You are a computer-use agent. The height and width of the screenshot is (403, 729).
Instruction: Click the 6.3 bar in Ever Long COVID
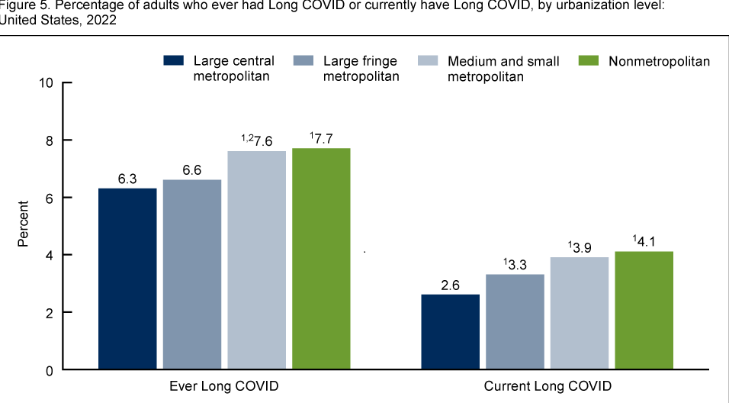(x=127, y=279)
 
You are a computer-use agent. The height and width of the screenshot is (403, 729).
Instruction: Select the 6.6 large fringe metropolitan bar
(x=192, y=275)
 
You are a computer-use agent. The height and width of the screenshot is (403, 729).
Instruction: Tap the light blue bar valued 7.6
(x=256, y=260)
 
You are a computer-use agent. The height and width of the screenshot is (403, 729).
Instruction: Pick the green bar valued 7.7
(x=321, y=259)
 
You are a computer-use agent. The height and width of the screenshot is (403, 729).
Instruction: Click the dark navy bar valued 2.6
(x=450, y=332)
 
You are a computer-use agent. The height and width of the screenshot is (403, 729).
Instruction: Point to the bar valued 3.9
(x=580, y=314)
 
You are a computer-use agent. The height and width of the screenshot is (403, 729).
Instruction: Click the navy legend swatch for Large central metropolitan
(x=174, y=61)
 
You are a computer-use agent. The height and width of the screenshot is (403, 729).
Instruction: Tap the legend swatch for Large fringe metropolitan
(x=303, y=61)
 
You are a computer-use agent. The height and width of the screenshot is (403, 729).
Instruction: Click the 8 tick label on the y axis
(x=49, y=140)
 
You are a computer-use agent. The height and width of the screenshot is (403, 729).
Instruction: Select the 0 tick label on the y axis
(x=49, y=371)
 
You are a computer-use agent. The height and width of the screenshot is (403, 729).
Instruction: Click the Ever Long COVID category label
(x=223, y=386)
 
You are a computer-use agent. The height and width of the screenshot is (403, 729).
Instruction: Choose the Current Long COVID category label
(x=548, y=386)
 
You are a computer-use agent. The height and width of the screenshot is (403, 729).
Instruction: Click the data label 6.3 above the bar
(x=127, y=179)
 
